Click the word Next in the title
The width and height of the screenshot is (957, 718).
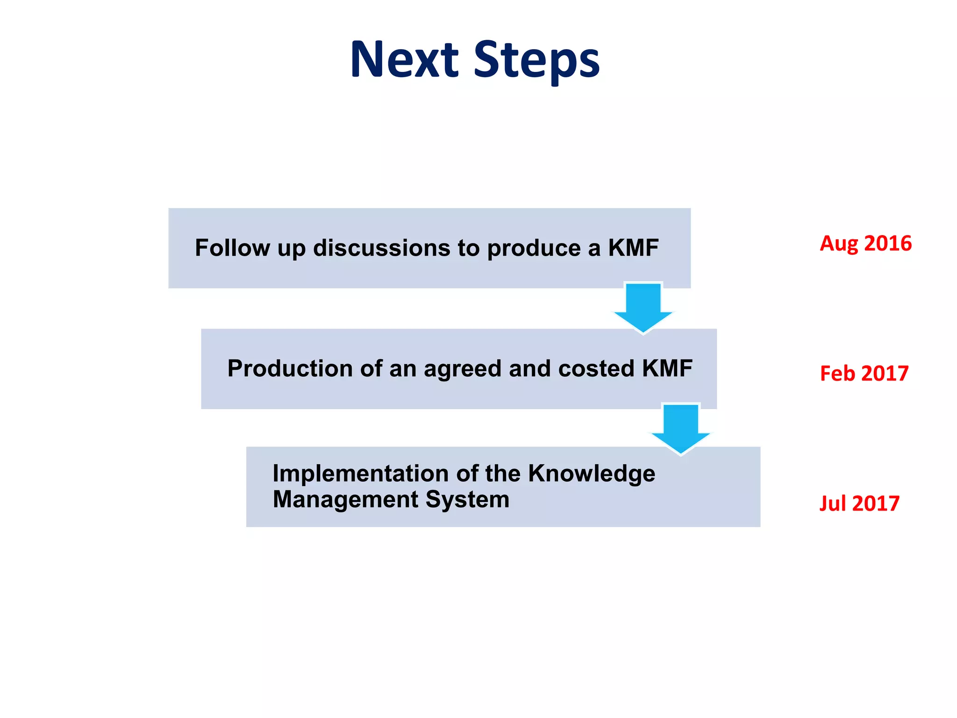pos(404,59)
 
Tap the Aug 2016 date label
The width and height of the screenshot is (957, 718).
pos(865,244)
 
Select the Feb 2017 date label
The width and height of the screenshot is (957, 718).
pos(864,373)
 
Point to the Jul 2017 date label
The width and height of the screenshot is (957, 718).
pos(859,503)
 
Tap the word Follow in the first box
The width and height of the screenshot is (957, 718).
pos(232,248)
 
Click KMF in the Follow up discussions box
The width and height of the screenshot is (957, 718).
pos(633,248)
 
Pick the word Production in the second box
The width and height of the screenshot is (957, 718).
pos(290,368)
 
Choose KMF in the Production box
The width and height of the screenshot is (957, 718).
pos(667,368)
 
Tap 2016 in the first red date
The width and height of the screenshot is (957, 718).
pos(888,244)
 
